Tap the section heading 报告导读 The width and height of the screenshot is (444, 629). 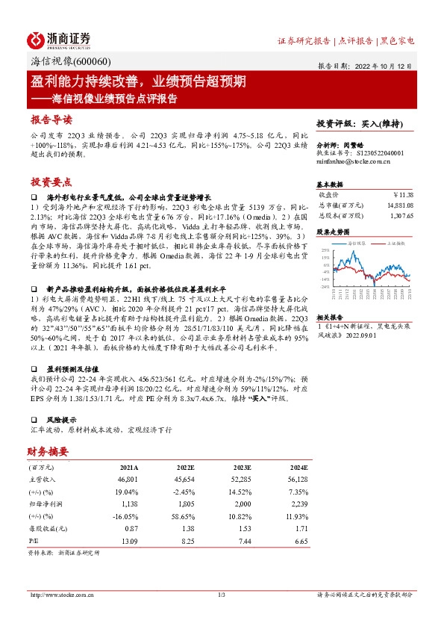tap(51, 120)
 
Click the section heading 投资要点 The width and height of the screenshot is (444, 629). tap(51, 182)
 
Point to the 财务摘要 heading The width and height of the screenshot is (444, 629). tap(48, 451)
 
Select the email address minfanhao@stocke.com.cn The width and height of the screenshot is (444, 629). tap(351, 160)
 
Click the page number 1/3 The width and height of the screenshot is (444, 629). tap(221, 595)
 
